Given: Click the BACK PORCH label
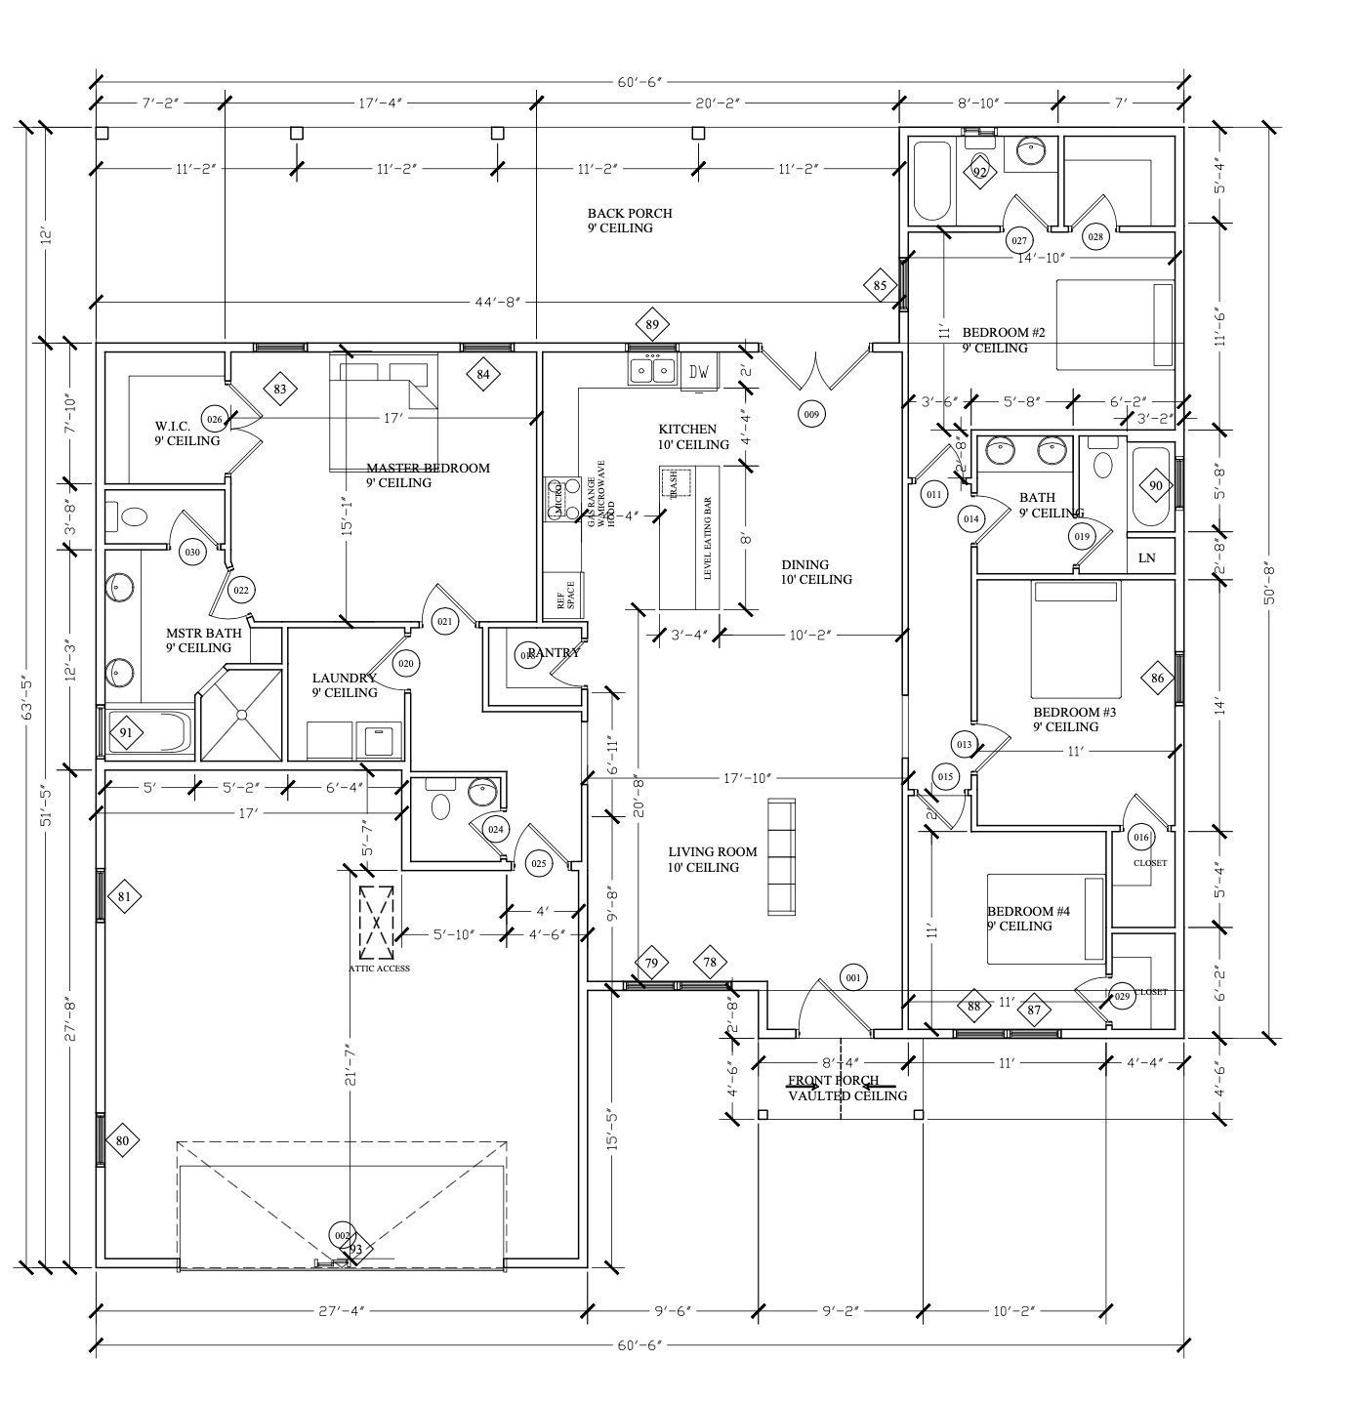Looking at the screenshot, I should click(x=629, y=220).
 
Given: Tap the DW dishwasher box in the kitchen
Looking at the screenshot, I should click(x=699, y=371).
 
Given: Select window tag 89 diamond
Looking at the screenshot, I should click(x=652, y=325).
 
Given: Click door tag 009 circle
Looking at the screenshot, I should click(x=810, y=414).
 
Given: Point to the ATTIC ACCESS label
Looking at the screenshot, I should click(x=379, y=969).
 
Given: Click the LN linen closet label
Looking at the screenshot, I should click(x=1147, y=557).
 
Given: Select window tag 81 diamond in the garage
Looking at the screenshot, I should click(x=124, y=896).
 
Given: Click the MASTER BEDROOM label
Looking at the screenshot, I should click(x=428, y=474).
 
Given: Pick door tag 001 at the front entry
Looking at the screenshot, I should click(x=852, y=977).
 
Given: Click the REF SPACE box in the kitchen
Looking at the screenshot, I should click(x=563, y=596).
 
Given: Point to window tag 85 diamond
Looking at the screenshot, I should click(x=880, y=286).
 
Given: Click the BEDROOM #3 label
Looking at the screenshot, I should click(x=1074, y=719).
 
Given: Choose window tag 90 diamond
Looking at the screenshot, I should click(x=1156, y=485).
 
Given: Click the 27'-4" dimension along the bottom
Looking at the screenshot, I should click(x=341, y=1310).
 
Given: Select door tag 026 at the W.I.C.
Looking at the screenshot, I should click(x=215, y=420).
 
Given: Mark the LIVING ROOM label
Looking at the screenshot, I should click(x=712, y=859).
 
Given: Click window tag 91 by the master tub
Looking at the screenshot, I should click(x=125, y=732).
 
